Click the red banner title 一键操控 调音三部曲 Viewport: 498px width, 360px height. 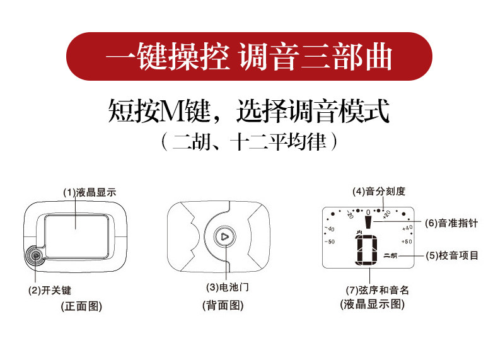pos(248,57)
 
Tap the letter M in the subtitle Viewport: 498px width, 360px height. pos(171,111)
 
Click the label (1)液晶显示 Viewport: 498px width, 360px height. pos(90,192)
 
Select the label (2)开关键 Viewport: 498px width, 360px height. pos(50,290)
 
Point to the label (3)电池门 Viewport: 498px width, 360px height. pos(228,287)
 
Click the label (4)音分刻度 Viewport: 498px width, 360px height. pos(379,191)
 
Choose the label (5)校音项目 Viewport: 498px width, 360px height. pos(452,255)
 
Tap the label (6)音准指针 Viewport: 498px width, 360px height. pos(451,223)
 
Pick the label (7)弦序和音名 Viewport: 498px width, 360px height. pos(378,290)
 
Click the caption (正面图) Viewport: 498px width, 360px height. pos(81,306)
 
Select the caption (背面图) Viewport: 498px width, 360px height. pos(223,305)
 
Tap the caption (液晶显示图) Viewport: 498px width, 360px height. pos(372,304)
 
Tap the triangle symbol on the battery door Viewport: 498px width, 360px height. pos(225,236)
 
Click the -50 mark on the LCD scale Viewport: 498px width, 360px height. pos(330,241)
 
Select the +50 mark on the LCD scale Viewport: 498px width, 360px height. pos(407,241)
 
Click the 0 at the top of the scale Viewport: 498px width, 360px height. pos(368,212)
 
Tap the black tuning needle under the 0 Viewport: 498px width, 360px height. pos(368,222)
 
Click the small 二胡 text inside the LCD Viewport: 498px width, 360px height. pos(390,255)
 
